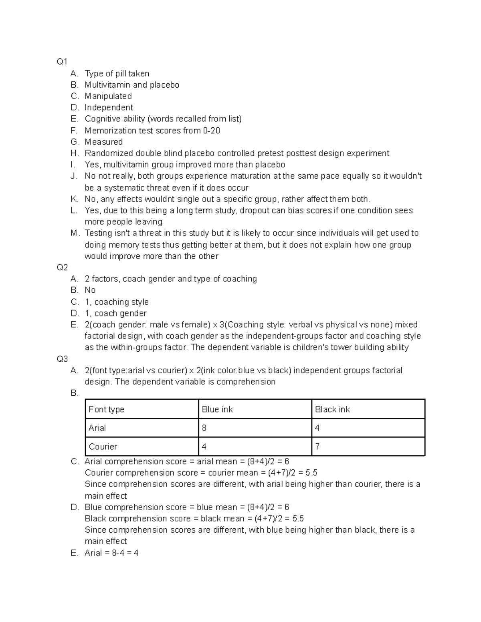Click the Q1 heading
[62, 62]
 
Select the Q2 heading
[62, 268]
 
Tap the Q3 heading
[62, 359]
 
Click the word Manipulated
[108, 96]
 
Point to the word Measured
[104, 142]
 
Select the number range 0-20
[212, 131]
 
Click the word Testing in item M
[99, 233]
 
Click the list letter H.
[75, 153]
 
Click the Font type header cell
[107, 409]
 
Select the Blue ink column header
[217, 409]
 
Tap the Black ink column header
[332, 409]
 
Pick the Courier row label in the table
[103, 447]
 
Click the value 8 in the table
[204, 428]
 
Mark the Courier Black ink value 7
[317, 447]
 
